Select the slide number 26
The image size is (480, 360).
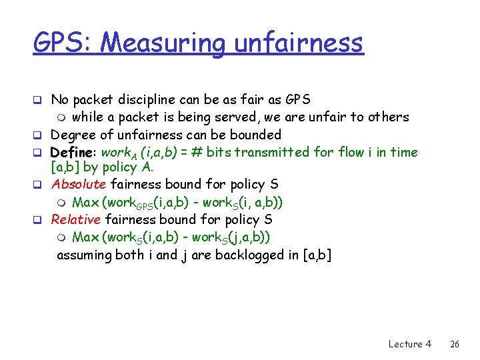(455, 344)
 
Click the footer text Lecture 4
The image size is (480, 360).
(409, 344)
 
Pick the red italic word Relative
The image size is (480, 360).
(76, 219)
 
